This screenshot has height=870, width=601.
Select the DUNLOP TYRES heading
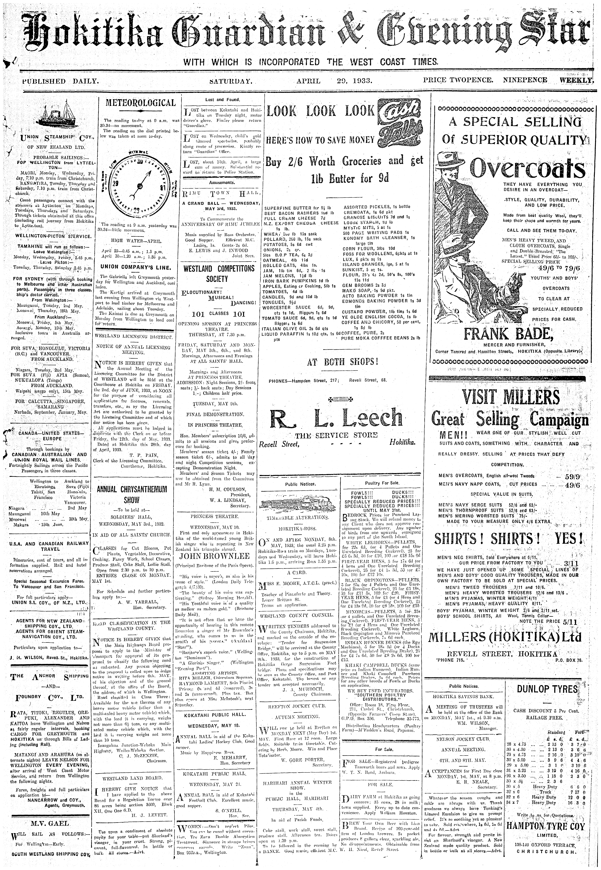click(x=547, y=689)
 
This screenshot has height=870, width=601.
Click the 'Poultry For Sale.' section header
click(x=382, y=483)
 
